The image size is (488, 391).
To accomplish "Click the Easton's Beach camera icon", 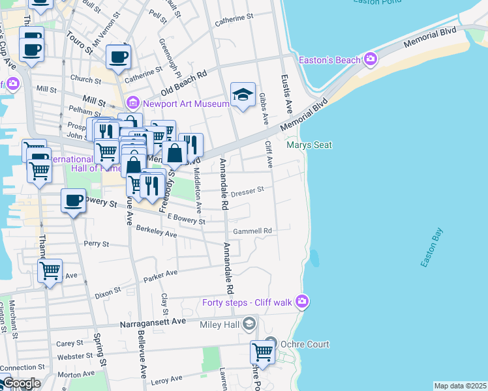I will coord(371,61).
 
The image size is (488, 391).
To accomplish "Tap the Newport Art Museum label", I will coord(185,103).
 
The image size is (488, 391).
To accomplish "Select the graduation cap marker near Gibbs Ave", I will coord(243,95).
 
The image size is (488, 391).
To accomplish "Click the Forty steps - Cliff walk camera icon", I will coord(301,301).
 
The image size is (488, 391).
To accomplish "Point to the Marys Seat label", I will coord(309,145).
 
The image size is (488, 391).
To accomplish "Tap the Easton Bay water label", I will coord(433,248).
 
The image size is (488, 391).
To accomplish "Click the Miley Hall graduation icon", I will coord(249,324).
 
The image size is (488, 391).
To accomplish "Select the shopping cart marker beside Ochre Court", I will coord(262,352).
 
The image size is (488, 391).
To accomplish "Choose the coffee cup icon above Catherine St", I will coord(118,57).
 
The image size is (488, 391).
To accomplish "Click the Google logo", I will coord(21,383).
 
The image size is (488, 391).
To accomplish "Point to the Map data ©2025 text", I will coord(459,386).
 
